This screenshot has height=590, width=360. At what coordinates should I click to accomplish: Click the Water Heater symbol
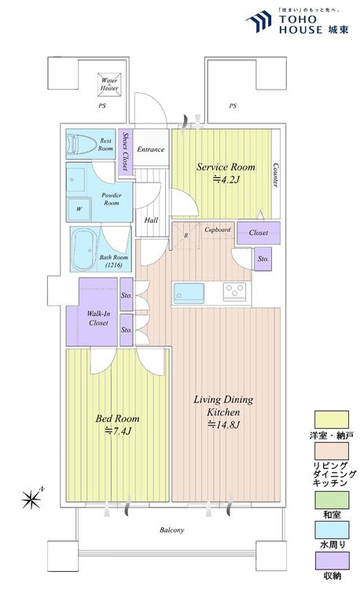point(109,84)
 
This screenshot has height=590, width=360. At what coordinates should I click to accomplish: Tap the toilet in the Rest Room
point(81,144)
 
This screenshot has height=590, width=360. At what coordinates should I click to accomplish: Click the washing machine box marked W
point(79,208)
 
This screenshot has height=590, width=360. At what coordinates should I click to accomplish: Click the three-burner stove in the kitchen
point(234,292)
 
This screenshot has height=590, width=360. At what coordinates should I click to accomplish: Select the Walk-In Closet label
point(98,318)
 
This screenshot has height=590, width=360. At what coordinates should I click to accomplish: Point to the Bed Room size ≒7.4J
point(118,431)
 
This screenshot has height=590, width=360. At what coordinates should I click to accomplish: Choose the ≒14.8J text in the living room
point(223,425)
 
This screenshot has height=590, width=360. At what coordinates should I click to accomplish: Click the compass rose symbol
point(33,498)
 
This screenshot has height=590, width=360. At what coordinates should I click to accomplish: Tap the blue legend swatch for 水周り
point(332,529)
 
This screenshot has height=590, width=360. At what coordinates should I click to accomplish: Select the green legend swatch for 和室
point(332,500)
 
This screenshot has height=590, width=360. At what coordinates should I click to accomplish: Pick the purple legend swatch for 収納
point(332,561)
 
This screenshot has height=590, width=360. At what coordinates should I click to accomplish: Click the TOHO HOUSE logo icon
point(259,22)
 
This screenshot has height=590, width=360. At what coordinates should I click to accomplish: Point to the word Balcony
point(171,530)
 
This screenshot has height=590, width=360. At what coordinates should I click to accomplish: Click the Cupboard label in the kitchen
point(217,230)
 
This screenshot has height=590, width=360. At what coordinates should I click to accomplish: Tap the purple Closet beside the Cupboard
point(259,233)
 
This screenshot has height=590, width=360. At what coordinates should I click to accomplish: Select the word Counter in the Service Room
point(275,175)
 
